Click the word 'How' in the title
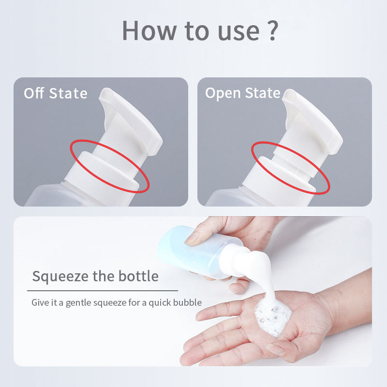click(x=149, y=30)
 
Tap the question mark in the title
click(x=272, y=30)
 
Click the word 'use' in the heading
click(x=238, y=33)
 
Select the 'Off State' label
click(x=56, y=93)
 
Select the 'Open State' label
click(x=243, y=93)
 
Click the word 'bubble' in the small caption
click(x=187, y=302)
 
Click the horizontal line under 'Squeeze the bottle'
click(x=103, y=291)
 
